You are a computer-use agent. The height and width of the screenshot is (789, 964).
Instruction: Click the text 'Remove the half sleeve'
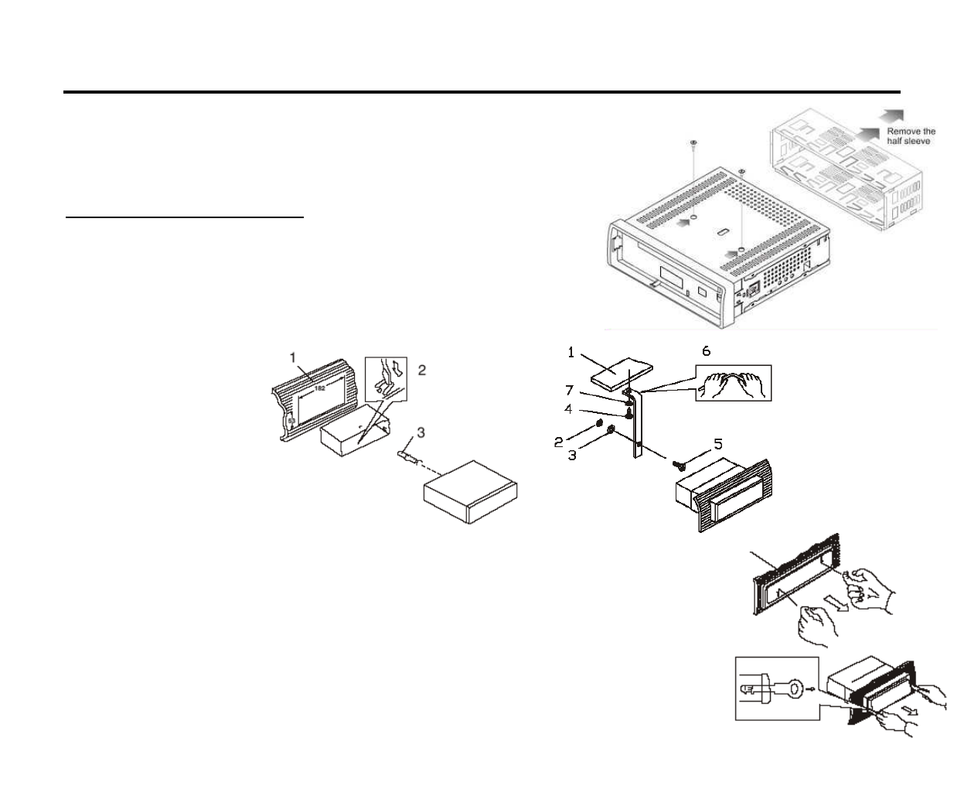(910, 136)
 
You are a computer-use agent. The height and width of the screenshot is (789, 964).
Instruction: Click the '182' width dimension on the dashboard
(319, 388)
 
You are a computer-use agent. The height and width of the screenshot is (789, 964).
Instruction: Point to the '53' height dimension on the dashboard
(291, 422)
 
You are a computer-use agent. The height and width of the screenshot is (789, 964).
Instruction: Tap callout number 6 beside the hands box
(706, 351)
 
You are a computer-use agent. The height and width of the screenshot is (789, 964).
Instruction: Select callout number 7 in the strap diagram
(570, 391)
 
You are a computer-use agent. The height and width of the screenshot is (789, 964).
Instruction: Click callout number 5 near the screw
(718, 444)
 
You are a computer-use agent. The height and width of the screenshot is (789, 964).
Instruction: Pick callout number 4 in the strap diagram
(569, 408)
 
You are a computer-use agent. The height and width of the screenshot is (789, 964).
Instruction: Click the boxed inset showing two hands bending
(733, 383)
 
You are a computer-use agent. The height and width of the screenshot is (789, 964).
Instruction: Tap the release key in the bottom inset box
(782, 686)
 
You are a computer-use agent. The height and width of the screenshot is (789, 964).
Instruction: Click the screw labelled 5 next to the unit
(678, 466)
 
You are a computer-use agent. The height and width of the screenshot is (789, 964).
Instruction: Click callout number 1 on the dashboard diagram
(293, 357)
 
